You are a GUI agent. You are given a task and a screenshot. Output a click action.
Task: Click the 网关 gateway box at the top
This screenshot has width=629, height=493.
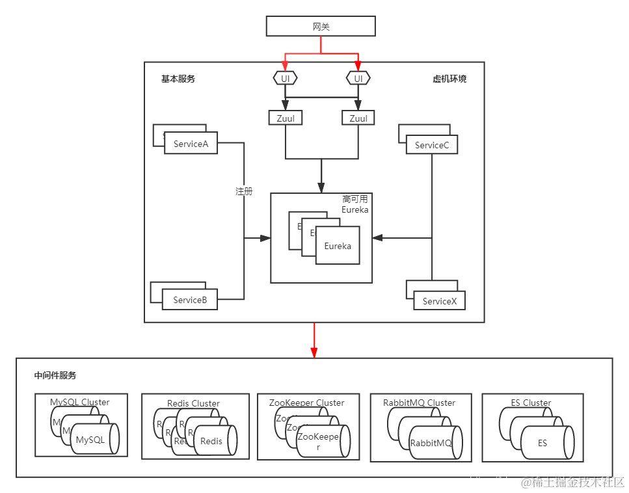tap(321, 26)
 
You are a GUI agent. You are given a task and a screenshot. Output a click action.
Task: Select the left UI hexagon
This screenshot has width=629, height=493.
tap(285, 78)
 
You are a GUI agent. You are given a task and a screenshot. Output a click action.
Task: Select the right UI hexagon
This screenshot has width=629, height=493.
tap(358, 78)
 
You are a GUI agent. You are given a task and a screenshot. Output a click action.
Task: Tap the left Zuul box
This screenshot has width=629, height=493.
tap(285, 118)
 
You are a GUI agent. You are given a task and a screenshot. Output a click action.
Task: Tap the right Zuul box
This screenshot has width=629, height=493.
tap(358, 118)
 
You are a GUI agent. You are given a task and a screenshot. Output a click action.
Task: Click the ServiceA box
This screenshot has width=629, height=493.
tap(191, 144)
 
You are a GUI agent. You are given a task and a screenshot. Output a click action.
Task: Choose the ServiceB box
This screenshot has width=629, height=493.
tap(190, 300)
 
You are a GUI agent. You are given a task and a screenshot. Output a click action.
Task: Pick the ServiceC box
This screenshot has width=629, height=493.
tap(432, 145)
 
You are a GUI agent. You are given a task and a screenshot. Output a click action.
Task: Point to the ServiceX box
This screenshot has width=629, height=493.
tap(439, 300)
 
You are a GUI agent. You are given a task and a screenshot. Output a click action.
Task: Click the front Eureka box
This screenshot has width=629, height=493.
tap(338, 246)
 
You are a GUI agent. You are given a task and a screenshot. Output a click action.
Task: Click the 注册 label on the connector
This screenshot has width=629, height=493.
tap(244, 191)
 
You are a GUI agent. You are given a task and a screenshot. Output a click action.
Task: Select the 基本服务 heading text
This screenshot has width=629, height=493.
tap(178, 79)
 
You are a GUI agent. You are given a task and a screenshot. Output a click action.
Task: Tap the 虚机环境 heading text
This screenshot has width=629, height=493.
tap(449, 79)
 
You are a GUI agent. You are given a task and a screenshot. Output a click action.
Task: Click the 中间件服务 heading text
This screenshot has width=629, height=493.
tap(55, 375)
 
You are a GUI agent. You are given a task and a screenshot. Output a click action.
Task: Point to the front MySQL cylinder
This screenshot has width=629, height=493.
tap(94, 440)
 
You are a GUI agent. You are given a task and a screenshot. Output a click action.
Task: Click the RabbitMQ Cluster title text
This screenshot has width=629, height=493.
tap(419, 403)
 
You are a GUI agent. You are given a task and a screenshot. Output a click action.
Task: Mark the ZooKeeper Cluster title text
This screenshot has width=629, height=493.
tap(306, 403)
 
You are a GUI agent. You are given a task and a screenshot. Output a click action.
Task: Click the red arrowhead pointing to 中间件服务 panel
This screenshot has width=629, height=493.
tap(314, 352)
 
